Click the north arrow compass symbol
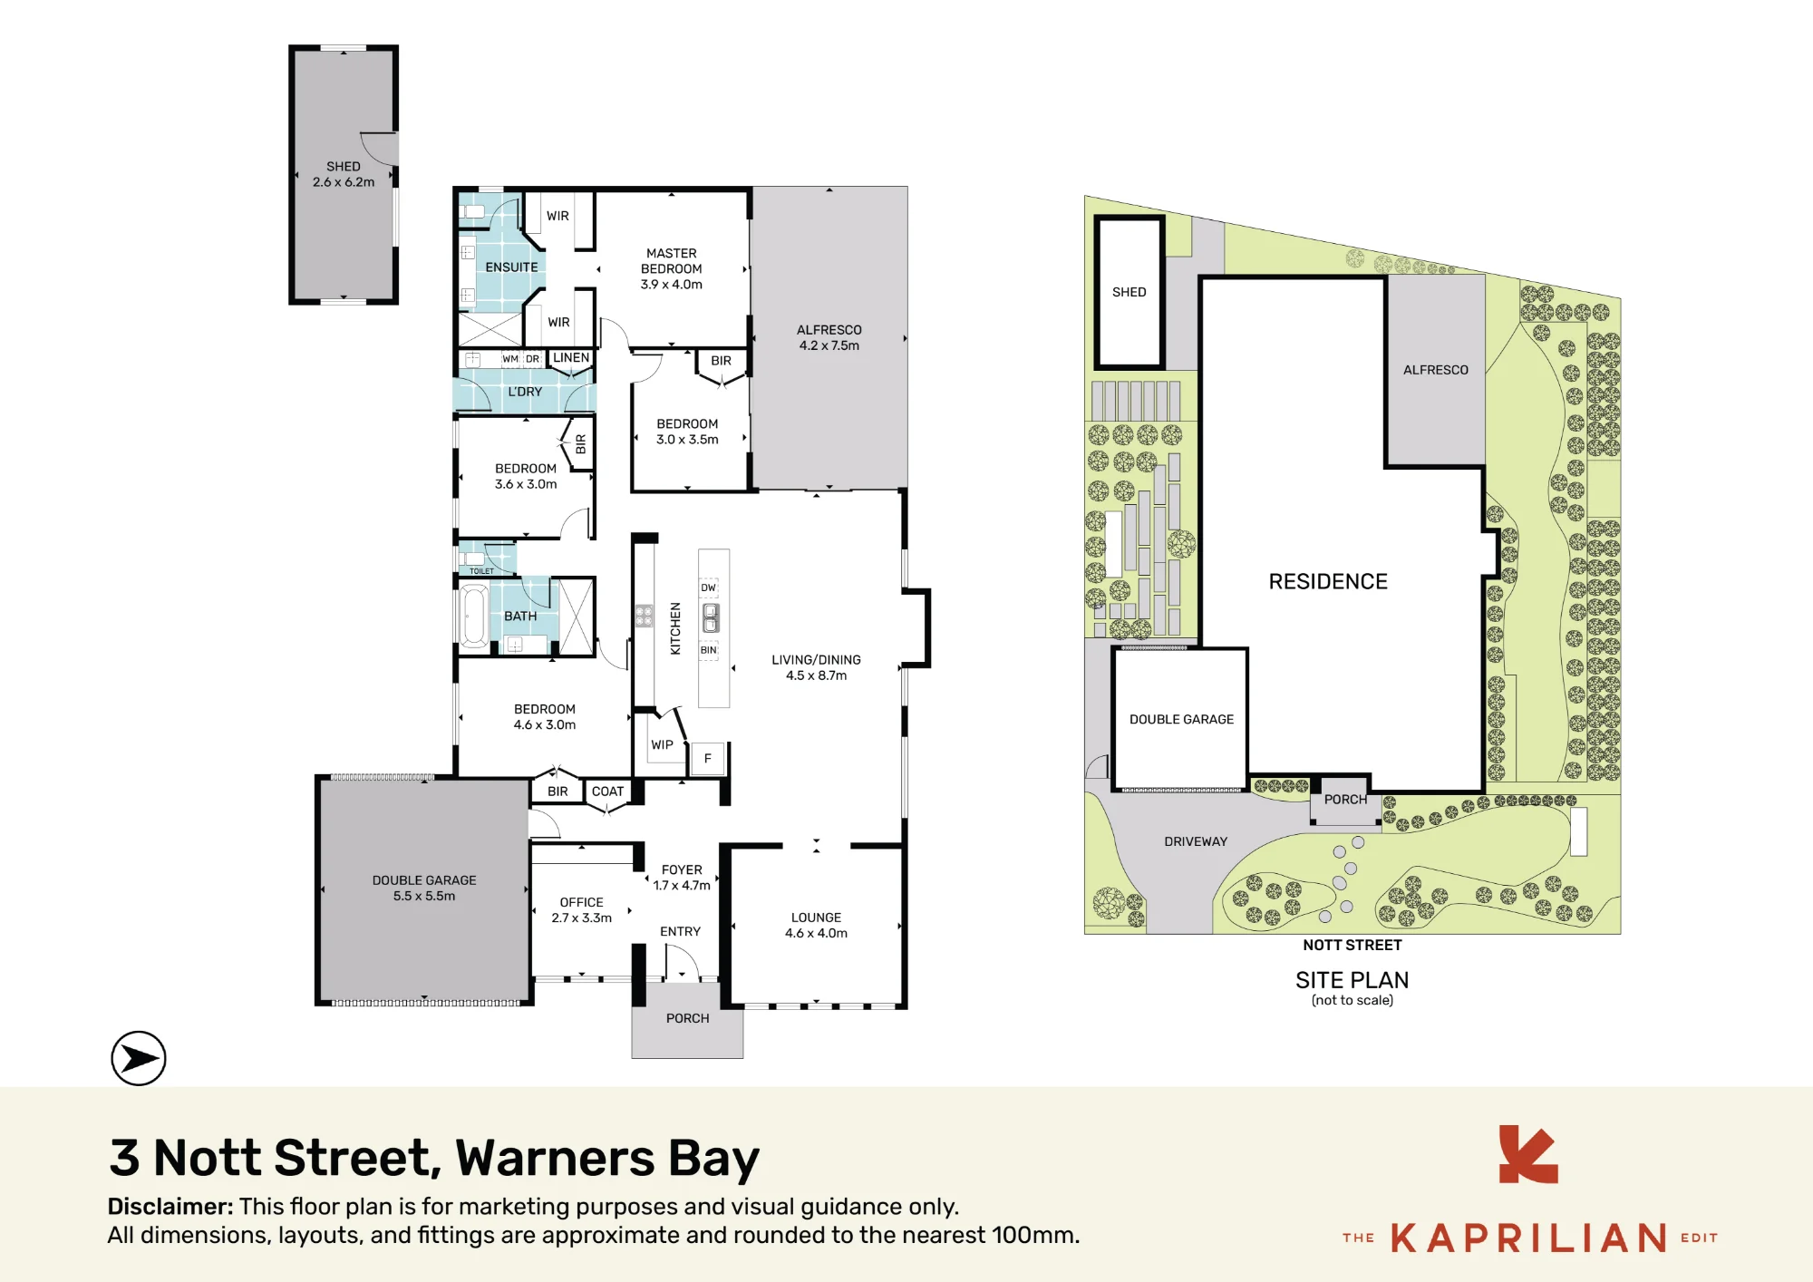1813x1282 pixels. pyautogui.click(x=139, y=1058)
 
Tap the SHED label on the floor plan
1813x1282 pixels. pyautogui.click(x=344, y=167)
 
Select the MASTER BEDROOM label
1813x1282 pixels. pyautogui.click(x=672, y=261)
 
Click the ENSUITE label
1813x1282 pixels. pyautogui.click(x=511, y=267)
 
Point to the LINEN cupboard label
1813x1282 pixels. pyautogui.click(x=571, y=358)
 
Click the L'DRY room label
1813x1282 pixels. pyautogui.click(x=525, y=392)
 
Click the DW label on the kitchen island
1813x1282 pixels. pyautogui.click(x=709, y=588)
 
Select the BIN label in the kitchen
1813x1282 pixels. pyautogui.click(x=709, y=650)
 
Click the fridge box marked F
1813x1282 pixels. pyautogui.click(x=708, y=759)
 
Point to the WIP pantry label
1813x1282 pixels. pyautogui.click(x=662, y=745)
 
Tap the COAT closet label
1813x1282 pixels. pyautogui.click(x=607, y=792)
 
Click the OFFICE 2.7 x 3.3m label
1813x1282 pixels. pyautogui.click(x=582, y=910)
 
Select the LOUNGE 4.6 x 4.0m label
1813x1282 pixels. pyautogui.click(x=816, y=926)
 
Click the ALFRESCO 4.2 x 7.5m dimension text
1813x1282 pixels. pyautogui.click(x=829, y=345)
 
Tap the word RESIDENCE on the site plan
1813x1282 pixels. pyautogui.click(x=1328, y=582)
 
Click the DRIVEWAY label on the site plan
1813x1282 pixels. pyautogui.click(x=1196, y=841)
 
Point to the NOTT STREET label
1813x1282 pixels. pyautogui.click(x=1352, y=945)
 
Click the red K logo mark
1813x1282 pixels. pyautogui.click(x=1528, y=1154)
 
